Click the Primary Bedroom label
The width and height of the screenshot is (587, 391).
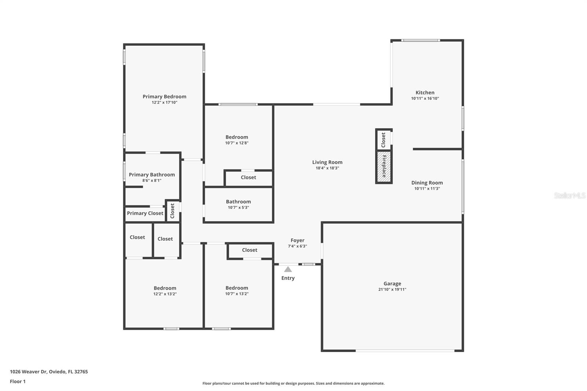(164, 96)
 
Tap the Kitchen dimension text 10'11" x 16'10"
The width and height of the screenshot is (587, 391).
(425, 98)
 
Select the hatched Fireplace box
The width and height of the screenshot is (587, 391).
(384, 167)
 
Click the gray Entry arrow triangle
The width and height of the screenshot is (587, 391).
(288, 270)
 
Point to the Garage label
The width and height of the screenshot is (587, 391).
(392, 284)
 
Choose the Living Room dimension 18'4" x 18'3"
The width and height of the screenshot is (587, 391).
(327, 168)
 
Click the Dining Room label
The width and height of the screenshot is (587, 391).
(427, 183)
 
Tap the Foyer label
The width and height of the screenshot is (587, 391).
(297, 241)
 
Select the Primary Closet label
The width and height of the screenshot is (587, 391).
(145, 213)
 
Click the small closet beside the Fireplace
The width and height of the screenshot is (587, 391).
(384, 140)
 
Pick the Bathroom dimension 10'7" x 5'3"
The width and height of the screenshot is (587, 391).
(238, 208)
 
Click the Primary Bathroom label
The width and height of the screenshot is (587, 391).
(152, 175)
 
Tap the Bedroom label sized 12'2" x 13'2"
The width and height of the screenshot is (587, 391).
(165, 288)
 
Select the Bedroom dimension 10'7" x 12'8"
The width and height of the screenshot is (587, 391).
(237, 143)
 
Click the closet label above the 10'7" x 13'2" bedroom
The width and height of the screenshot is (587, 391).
(249, 250)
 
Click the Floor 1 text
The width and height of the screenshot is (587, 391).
(18, 381)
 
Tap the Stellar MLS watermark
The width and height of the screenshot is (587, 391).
(569, 196)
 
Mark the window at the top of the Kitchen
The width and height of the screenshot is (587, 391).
(420, 40)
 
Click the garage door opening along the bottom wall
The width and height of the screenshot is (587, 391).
(405, 351)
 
